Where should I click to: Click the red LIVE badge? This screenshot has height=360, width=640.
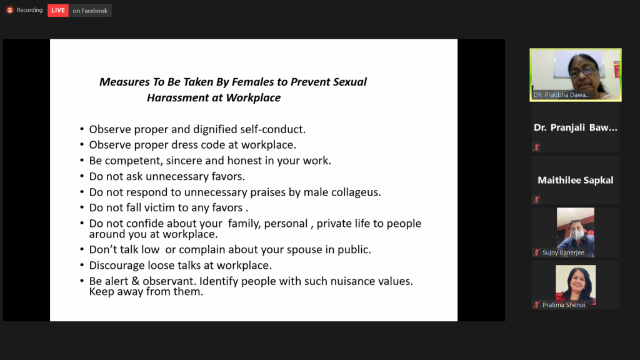point(58,10)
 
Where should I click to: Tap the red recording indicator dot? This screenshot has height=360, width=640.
point(10,10)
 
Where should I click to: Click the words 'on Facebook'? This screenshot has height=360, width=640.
point(90,11)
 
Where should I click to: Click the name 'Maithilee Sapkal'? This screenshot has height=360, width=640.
point(576,180)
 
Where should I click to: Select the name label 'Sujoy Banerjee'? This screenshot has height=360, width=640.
point(563,252)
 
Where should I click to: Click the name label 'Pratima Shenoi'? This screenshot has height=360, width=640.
point(564,305)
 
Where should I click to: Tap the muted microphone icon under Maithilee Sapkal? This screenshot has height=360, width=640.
point(537,199)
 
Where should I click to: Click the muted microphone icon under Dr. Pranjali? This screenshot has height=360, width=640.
point(537,147)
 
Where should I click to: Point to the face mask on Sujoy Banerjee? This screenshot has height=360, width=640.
point(576,234)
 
